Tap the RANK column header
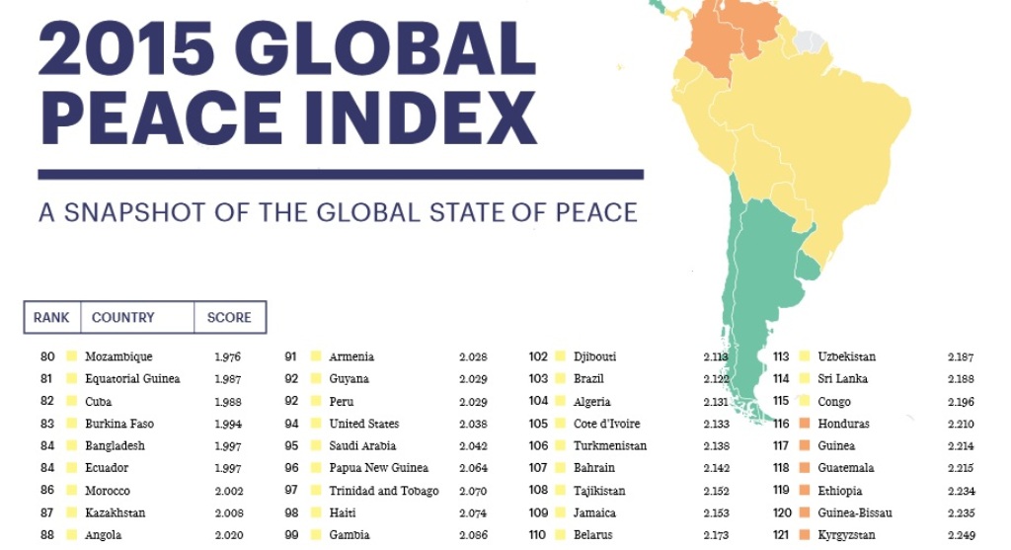coord(51,318)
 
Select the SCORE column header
coord(229,318)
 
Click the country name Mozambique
coord(118,356)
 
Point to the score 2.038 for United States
coord(473,424)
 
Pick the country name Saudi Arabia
coord(362,446)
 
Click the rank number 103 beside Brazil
coord(538,379)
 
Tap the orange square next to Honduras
coord(805,424)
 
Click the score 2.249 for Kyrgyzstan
coord(961,535)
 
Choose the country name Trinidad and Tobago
coord(384,491)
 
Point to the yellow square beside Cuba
coord(71,402)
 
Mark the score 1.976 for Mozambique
coord(228,356)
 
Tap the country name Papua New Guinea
coord(378,468)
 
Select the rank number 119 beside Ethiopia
coord(782,491)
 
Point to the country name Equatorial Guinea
coord(132,379)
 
